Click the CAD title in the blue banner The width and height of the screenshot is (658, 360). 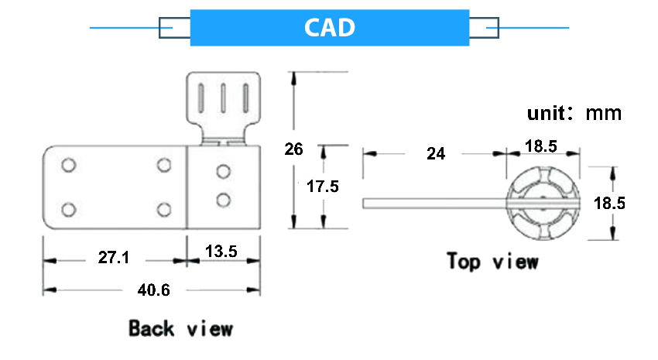(329, 28)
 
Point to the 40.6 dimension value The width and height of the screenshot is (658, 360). (153, 290)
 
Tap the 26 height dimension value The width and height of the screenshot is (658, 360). (293, 149)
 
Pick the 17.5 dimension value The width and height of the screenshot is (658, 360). (323, 187)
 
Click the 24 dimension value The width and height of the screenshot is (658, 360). (436, 153)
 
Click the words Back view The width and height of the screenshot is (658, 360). (180, 328)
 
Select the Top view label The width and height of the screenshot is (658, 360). (492, 261)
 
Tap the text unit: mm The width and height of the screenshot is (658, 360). (574, 113)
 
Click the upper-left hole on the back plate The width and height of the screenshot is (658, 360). (68, 165)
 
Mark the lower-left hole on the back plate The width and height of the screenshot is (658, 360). (68, 209)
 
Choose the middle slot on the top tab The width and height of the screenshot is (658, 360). (223, 100)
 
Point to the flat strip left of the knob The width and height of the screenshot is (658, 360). (434, 203)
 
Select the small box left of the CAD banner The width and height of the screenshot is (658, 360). (174, 28)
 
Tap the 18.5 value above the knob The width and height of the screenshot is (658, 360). (541, 146)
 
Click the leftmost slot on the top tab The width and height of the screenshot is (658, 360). (201, 100)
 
